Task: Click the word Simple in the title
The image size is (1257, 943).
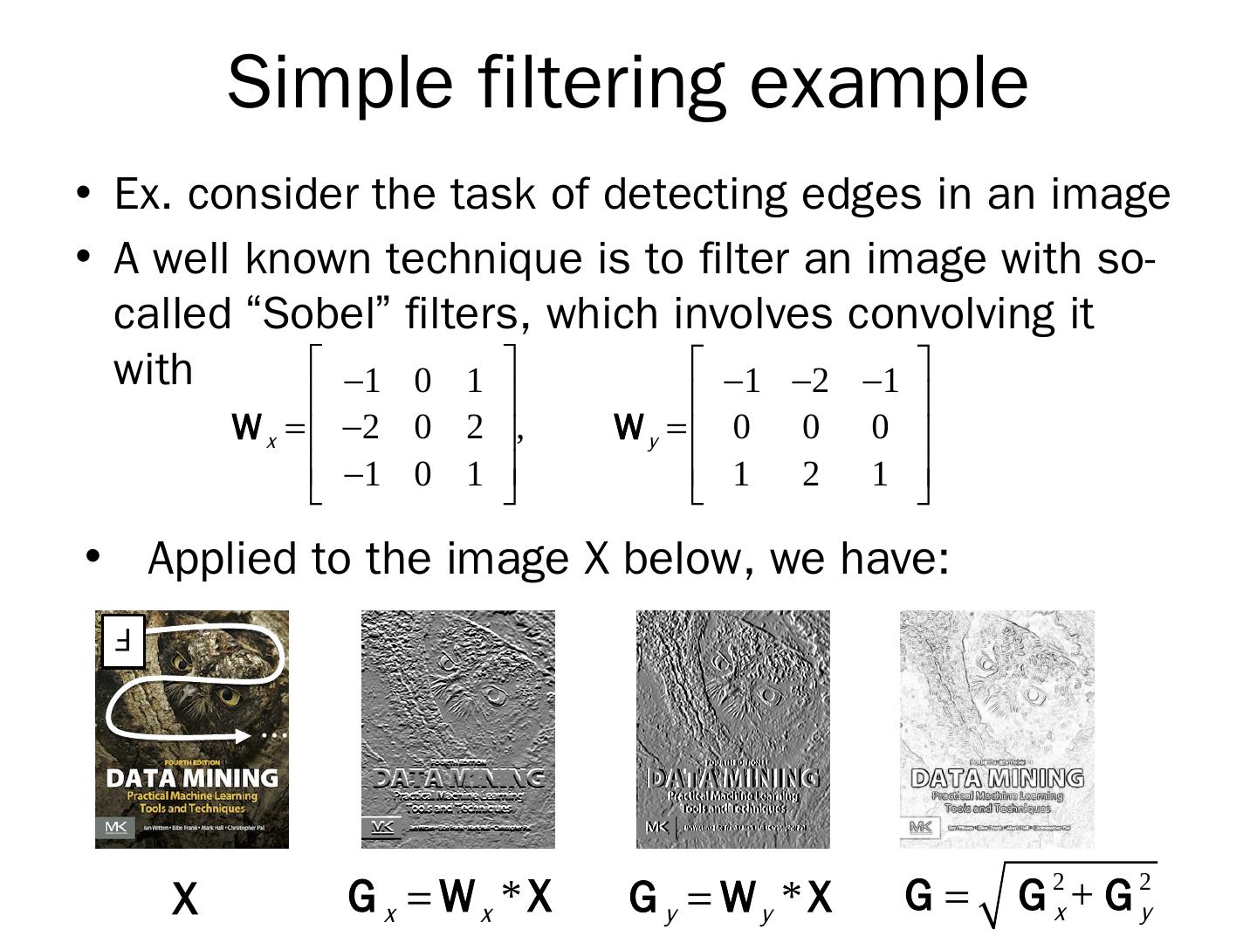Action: tap(340, 82)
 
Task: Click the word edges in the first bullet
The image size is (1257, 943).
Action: tap(861, 194)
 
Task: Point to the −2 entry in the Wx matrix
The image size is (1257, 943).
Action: tap(361, 428)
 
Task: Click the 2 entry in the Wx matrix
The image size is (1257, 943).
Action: tap(474, 428)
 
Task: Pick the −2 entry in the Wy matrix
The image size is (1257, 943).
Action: tap(809, 382)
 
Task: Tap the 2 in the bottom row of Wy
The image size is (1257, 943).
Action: tap(810, 475)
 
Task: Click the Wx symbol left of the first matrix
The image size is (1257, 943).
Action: tap(254, 429)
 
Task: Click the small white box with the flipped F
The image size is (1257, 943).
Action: tap(123, 642)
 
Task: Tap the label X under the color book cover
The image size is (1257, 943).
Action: tap(185, 899)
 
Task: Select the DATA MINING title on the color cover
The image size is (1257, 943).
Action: tap(192, 777)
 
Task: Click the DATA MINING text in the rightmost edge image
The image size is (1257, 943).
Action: tap(997, 777)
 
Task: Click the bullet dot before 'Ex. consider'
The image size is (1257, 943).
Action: tap(84, 192)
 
